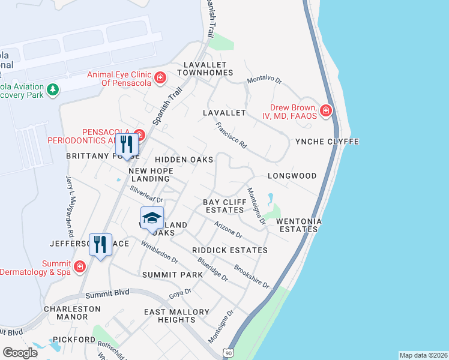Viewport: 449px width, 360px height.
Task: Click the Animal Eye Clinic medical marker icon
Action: (x=160, y=77)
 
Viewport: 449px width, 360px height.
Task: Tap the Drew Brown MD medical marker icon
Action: (x=325, y=110)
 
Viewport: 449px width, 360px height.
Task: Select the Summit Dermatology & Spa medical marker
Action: (x=80, y=265)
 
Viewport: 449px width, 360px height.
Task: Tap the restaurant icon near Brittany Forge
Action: (x=127, y=144)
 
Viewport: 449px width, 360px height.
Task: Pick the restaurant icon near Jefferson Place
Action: (x=100, y=244)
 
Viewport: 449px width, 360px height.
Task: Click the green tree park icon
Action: (x=53, y=89)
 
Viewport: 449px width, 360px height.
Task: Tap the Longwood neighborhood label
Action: (x=292, y=176)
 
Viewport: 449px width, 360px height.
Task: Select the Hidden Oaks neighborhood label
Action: (x=184, y=160)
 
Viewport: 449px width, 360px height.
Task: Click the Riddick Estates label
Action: (x=230, y=250)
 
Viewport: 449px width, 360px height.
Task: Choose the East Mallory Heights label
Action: (x=177, y=316)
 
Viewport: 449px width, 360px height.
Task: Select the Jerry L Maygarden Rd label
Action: (x=70, y=206)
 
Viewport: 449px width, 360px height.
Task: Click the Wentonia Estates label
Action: (x=299, y=225)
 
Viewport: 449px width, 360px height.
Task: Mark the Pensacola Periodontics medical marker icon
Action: (x=139, y=134)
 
